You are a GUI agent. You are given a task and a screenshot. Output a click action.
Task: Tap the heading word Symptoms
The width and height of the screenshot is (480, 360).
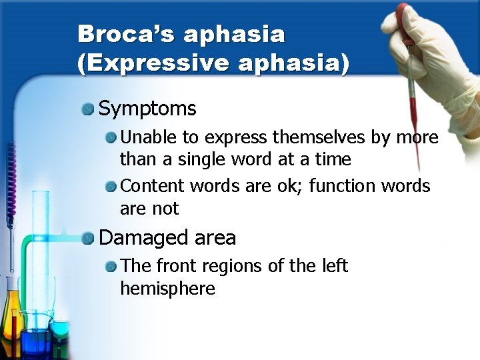click(x=147, y=109)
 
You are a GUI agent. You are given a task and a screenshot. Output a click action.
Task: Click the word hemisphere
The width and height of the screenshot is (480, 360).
click(x=167, y=289)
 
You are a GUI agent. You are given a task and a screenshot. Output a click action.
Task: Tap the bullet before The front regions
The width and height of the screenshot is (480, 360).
click(x=111, y=267)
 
